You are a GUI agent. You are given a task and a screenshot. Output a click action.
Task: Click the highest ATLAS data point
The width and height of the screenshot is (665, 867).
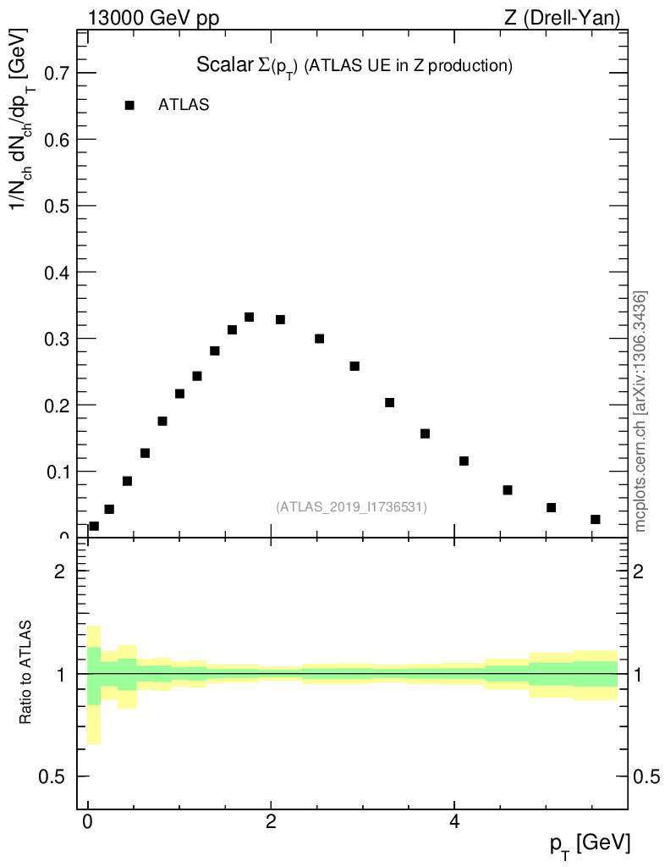(250, 318)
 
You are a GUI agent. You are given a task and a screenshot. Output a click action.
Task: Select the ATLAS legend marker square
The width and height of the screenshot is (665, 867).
(129, 106)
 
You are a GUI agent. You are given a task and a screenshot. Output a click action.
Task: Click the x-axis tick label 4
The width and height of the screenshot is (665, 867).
(454, 822)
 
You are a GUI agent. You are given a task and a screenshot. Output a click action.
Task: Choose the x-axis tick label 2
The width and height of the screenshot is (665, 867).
(271, 822)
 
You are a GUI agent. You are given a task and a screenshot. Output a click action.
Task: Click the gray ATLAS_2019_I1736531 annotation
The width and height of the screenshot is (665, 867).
(351, 507)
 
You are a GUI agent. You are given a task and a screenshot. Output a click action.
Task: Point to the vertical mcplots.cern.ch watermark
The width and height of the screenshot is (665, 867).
(640, 411)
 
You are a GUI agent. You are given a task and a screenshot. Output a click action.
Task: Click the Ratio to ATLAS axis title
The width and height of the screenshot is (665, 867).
(26, 672)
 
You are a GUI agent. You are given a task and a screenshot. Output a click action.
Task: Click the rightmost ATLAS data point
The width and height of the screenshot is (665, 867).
(596, 519)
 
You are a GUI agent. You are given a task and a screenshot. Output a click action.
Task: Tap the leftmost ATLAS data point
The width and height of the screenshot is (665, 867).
(94, 527)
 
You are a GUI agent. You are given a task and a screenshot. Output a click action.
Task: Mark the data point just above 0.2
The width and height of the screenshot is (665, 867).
(389, 402)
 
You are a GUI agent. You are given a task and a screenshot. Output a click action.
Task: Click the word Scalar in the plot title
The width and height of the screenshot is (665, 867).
(219, 65)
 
